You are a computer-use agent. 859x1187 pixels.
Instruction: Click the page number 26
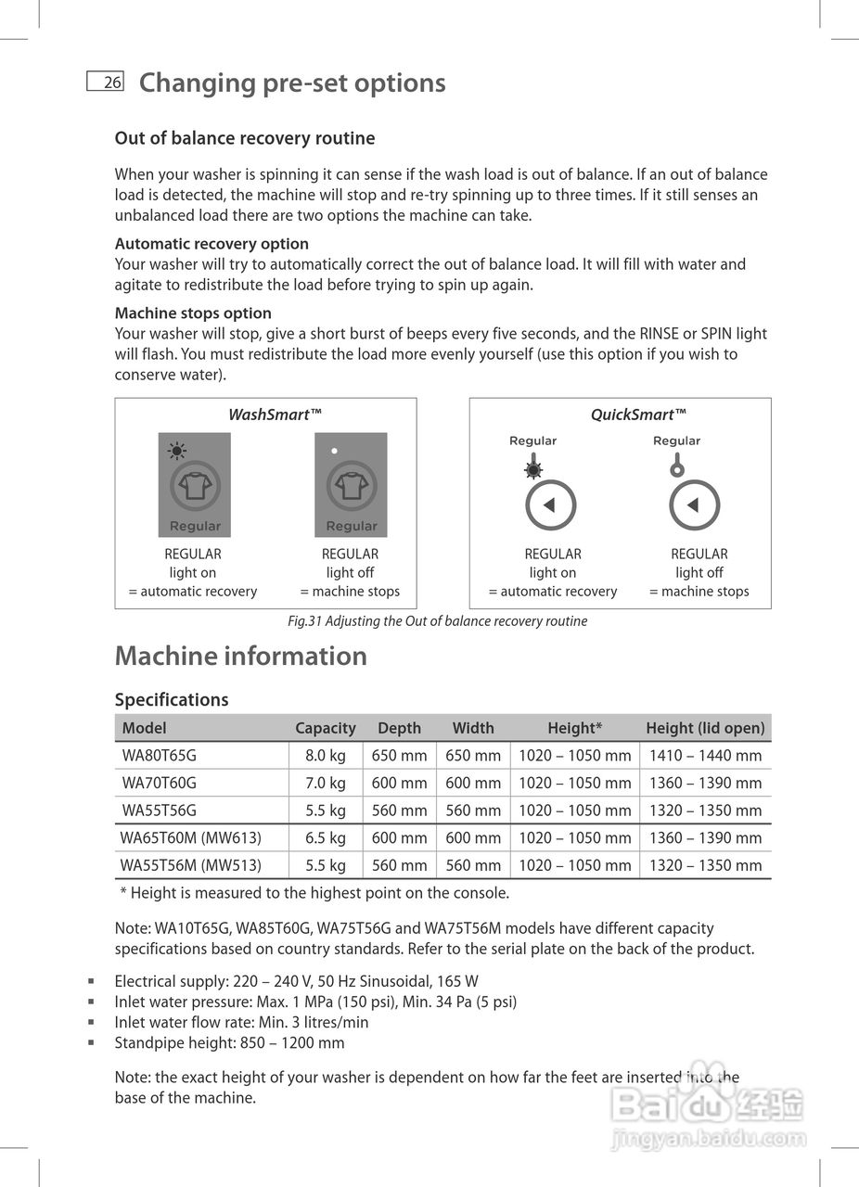pos(111,83)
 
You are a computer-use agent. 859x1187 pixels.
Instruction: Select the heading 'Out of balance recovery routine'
pos(245,138)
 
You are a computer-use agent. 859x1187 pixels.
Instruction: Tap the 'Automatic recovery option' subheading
pos(212,244)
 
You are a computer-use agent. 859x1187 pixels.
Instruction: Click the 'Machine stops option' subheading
pos(193,313)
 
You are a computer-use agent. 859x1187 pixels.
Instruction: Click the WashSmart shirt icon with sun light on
pos(195,486)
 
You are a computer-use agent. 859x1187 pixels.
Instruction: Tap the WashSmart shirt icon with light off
pos(352,486)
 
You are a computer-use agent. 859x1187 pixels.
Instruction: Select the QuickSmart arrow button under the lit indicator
pos(551,505)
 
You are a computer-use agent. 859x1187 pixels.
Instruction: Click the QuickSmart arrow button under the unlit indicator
pos(695,505)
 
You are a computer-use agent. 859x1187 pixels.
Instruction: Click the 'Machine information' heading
pos(240,656)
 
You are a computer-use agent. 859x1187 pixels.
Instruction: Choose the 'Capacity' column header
pos(325,728)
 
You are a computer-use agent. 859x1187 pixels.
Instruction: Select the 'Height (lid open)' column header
pos(705,728)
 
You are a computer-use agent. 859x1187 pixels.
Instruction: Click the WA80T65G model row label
pos(159,756)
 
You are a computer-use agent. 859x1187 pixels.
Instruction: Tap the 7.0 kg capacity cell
pos(325,783)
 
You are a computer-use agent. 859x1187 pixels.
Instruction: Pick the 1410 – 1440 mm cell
pos(705,756)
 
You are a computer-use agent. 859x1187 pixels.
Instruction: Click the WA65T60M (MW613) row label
pos(191,837)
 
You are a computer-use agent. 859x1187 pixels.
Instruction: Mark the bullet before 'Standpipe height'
pos(91,1043)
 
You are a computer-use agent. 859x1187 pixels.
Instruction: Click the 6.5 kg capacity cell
pos(325,837)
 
